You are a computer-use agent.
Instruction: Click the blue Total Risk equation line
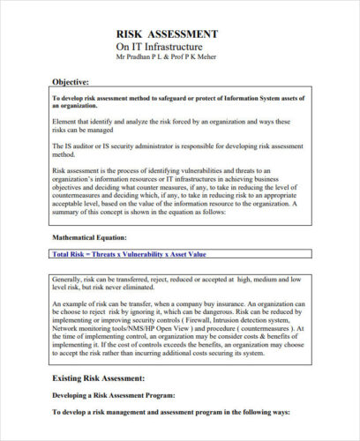tap(129, 254)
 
